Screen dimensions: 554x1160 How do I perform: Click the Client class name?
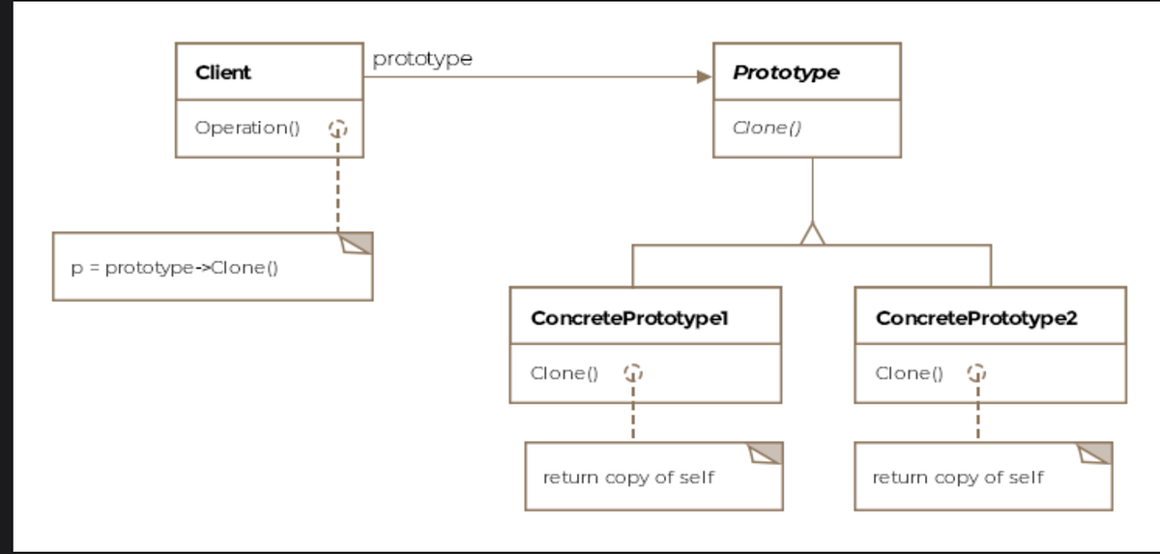pos(222,73)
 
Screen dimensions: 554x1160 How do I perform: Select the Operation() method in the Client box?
pos(247,128)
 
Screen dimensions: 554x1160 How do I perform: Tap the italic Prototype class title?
pos(786,73)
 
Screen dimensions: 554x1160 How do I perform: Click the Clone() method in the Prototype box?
pos(767,128)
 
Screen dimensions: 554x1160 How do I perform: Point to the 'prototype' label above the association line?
pos(422,58)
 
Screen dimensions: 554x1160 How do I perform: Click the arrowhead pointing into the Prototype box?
pos(704,77)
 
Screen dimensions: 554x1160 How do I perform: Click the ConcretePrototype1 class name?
pos(628,318)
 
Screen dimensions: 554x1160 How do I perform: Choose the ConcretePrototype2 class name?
pos(976,318)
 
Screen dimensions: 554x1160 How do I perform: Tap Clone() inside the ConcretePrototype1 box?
pos(565,373)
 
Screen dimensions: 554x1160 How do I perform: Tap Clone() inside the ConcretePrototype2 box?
pos(910,373)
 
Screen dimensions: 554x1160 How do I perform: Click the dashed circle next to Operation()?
pos(337,129)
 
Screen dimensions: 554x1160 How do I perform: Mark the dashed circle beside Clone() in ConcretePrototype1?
pos(632,373)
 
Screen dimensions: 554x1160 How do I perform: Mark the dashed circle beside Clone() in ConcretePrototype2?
pos(977,373)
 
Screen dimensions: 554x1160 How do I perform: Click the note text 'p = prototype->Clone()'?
pos(175,268)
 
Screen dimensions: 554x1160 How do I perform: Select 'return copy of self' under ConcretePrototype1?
pos(628,478)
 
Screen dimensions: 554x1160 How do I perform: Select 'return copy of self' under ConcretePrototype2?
pos(958,478)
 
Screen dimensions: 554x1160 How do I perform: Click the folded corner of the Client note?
pos(357,243)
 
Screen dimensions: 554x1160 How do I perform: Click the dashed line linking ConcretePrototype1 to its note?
pos(632,416)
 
